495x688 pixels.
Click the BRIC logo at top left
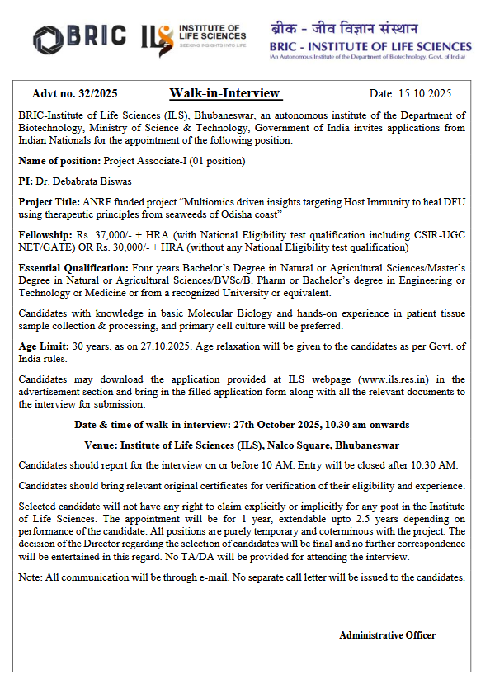tap(79, 36)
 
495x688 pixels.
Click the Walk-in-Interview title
tap(224, 93)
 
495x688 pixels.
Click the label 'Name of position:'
tap(57, 161)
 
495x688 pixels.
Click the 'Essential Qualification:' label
tap(73, 268)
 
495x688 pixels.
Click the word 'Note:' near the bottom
tap(31, 577)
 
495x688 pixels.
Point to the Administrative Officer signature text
tap(387, 634)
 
